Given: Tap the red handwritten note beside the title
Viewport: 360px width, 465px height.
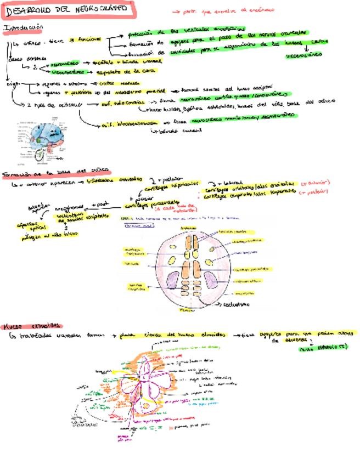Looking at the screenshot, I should [222, 10].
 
